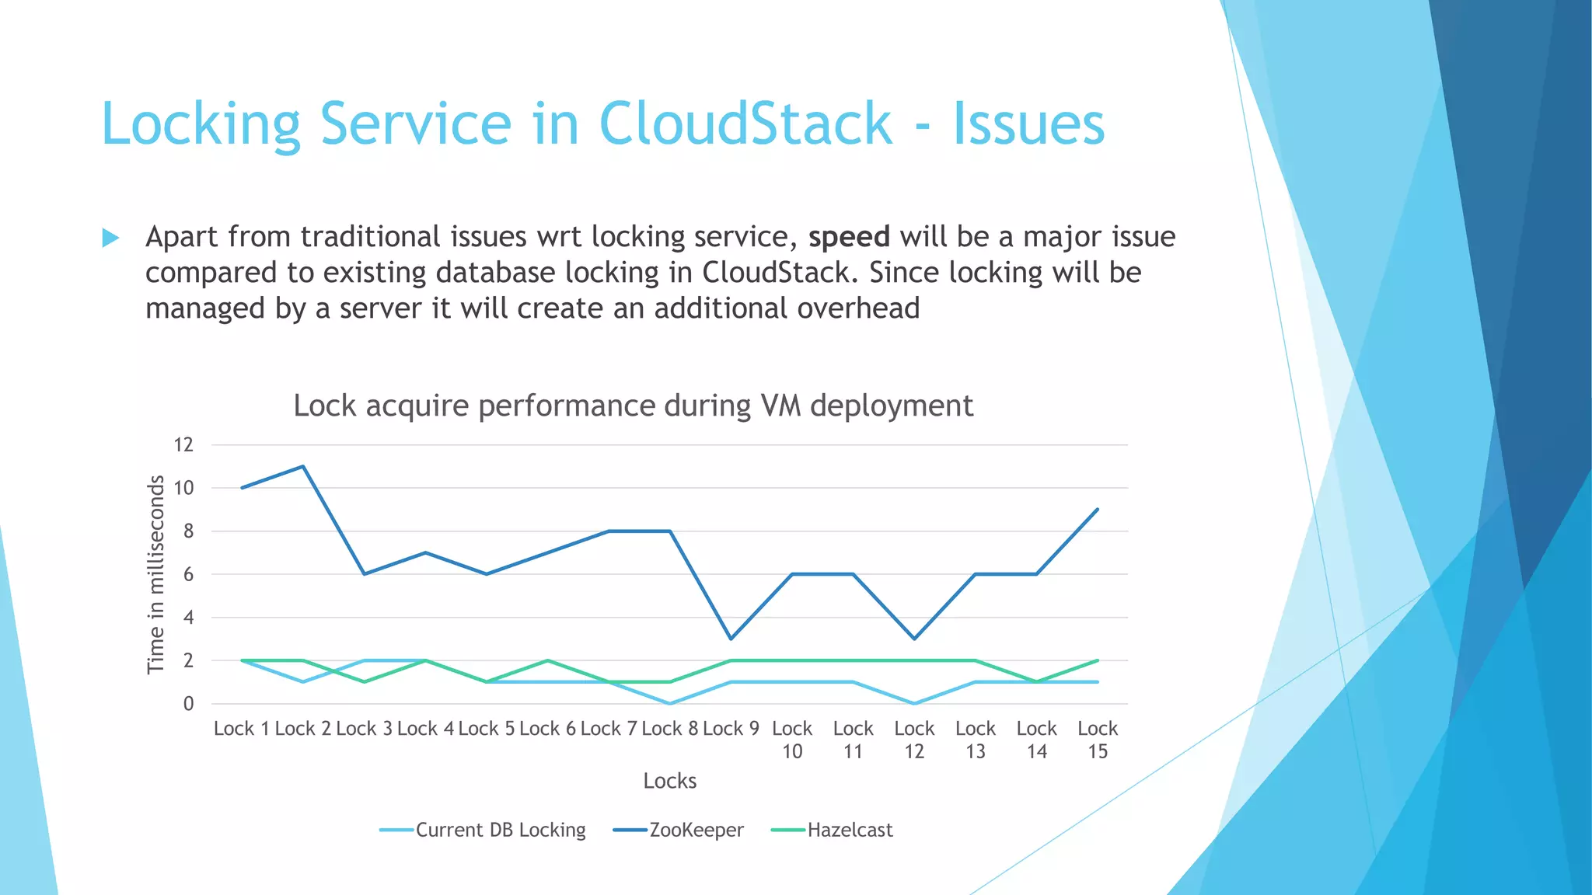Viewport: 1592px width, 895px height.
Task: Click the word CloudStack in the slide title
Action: pyautogui.click(x=745, y=124)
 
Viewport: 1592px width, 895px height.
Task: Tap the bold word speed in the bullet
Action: pyautogui.click(x=848, y=237)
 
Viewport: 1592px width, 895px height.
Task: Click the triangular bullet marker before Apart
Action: pyautogui.click(x=111, y=238)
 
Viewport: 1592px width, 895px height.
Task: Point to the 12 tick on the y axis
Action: pyautogui.click(x=183, y=445)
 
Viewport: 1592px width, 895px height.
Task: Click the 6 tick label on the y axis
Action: pyautogui.click(x=187, y=575)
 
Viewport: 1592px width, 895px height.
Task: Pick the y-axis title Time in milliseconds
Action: pyautogui.click(x=156, y=574)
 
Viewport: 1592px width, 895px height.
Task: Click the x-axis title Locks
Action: pyautogui.click(x=669, y=781)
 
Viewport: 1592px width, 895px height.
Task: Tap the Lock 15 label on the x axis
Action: pyautogui.click(x=1097, y=740)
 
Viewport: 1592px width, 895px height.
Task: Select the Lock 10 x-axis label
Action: pyautogui.click(x=791, y=740)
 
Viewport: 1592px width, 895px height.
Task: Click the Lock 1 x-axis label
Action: pyautogui.click(x=241, y=729)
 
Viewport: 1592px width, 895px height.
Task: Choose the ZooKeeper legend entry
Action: pyautogui.click(x=696, y=831)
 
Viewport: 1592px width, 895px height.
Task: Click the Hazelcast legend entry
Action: pyautogui.click(x=849, y=831)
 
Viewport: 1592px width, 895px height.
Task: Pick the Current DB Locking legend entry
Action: pyautogui.click(x=500, y=831)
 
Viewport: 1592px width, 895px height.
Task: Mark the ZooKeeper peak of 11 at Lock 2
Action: pyautogui.click(x=302, y=466)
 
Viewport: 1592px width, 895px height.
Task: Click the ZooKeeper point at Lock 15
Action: pyautogui.click(x=1097, y=510)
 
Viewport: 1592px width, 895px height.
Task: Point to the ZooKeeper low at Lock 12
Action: pyautogui.click(x=914, y=639)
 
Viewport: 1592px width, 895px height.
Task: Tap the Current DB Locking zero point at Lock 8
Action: pyautogui.click(x=669, y=703)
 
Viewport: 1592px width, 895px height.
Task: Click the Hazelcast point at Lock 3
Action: pyautogui.click(x=364, y=682)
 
